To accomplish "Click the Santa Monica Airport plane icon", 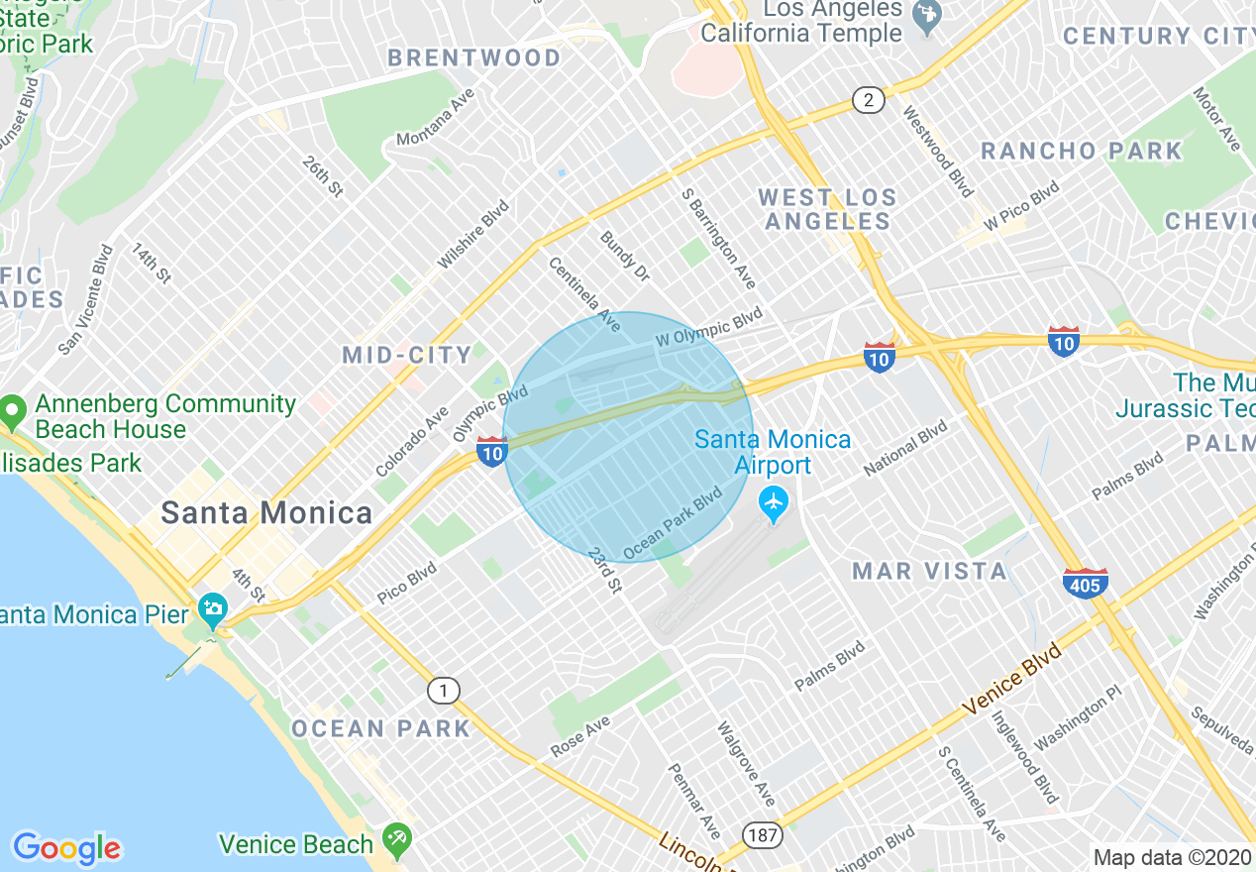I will (773, 504).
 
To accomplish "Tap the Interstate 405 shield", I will (1086, 583).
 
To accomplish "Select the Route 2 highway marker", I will (868, 99).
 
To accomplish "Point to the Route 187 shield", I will (763, 835).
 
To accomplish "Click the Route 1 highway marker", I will (445, 691).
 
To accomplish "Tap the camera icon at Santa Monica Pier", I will (212, 607).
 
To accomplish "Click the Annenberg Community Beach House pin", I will (13, 409).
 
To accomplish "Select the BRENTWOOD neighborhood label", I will (474, 58).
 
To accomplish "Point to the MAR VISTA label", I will (930, 571).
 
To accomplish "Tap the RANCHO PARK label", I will (1081, 152).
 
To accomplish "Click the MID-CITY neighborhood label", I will (407, 355).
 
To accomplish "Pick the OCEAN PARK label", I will (380, 728).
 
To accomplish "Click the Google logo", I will (66, 848).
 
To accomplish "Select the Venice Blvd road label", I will (1011, 684).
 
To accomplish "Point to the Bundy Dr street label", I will (624, 256).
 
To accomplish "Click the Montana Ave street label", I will (436, 117).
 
